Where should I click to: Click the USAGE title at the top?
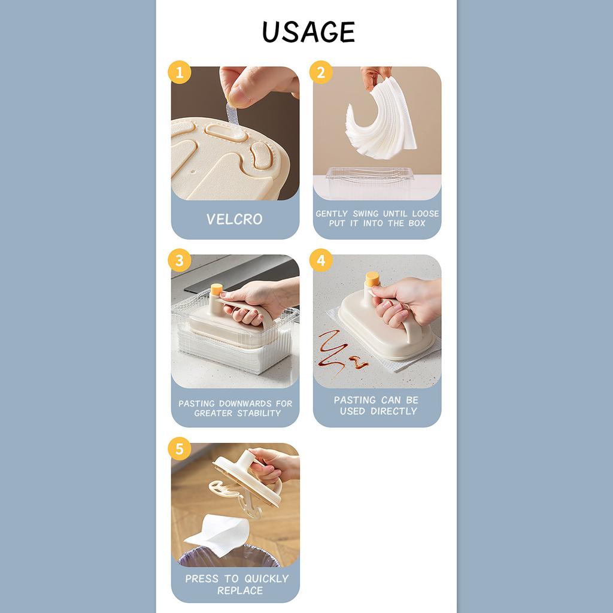click(308, 32)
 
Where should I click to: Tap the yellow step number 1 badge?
click(180, 74)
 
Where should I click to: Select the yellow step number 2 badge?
click(321, 74)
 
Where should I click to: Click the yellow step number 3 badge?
click(180, 262)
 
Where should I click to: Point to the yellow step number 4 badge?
click(321, 262)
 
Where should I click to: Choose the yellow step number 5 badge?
click(180, 450)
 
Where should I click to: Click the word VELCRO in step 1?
click(235, 219)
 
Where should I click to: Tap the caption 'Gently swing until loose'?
click(377, 214)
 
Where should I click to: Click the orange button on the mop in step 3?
click(216, 289)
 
